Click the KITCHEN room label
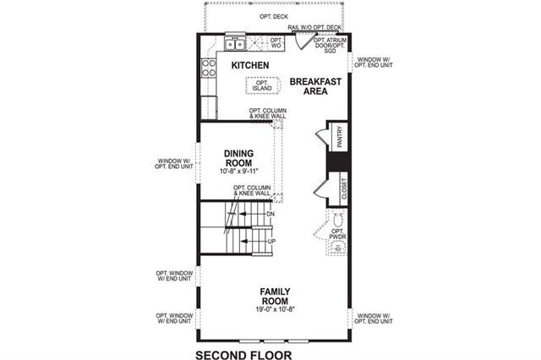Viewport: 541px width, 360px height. tap(250, 65)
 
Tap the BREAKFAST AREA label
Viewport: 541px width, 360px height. tap(315, 86)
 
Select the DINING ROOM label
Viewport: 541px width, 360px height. tap(238, 158)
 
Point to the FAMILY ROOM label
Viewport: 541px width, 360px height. tap(275, 297)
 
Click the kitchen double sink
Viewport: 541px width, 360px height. tap(235, 45)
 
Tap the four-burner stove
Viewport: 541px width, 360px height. tap(209, 68)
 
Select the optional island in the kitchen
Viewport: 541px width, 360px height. tap(261, 85)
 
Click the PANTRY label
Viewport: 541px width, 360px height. tap(340, 137)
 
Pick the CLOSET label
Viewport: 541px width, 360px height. tap(344, 188)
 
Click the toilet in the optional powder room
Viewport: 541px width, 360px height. tap(338, 220)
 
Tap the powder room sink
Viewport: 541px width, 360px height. tap(336, 248)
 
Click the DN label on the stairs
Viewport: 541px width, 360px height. tap(270, 214)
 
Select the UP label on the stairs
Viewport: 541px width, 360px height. tap(272, 242)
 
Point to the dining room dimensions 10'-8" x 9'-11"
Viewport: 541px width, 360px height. tap(238, 171)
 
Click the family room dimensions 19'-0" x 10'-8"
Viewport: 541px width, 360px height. tap(275, 309)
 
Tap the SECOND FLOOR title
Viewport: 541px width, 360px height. tap(243, 355)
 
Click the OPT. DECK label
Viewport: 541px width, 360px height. tap(274, 17)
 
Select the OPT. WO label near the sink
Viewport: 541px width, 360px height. tap(276, 43)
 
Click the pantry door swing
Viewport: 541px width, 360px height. tap(321, 136)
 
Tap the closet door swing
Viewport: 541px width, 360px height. tap(320, 188)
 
